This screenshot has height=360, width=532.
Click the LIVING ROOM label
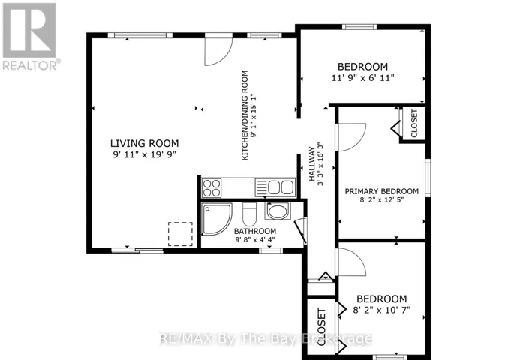coord(145,143)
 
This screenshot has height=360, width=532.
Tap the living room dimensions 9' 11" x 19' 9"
coord(145,155)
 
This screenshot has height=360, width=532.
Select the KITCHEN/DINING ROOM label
coord(245,115)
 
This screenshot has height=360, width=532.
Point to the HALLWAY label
coord(311,164)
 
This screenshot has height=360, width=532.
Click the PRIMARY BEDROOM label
coord(382,191)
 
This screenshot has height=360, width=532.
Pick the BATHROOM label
coord(255,231)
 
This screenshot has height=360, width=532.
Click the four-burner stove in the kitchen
coord(212,188)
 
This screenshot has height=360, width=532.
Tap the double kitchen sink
coord(275,187)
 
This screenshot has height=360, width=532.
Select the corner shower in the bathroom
coord(217,219)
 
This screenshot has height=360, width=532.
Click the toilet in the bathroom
coord(249,214)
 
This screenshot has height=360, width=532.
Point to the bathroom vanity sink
coord(278,211)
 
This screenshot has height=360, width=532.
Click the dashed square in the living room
coord(180,234)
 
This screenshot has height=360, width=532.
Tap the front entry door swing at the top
coord(218,49)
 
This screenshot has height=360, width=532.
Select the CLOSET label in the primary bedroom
coord(414,124)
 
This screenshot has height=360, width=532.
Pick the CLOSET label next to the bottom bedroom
coord(321,327)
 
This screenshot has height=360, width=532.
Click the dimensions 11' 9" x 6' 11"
coord(362,78)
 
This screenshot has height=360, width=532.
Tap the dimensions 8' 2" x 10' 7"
coord(382,310)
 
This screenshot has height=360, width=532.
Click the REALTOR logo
coord(31,36)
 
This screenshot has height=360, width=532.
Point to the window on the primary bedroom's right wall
coord(428,178)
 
